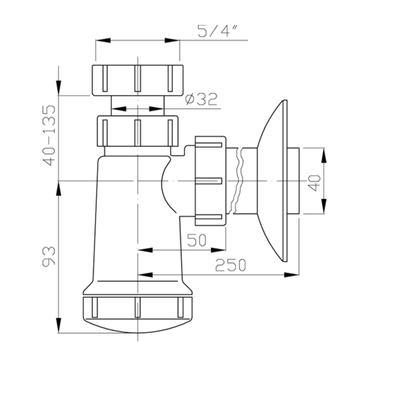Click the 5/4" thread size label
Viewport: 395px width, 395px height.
pyautogui.click(x=217, y=31)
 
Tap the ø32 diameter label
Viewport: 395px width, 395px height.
pyautogui.click(x=201, y=99)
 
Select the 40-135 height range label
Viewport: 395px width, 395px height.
pyautogui.click(x=49, y=135)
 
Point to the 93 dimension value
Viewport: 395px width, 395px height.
pyautogui.click(x=48, y=256)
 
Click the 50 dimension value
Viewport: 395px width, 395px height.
pyautogui.click(x=197, y=240)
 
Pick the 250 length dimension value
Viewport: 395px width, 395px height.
pyautogui.click(x=230, y=265)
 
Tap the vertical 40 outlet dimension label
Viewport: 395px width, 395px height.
pyautogui.click(x=314, y=183)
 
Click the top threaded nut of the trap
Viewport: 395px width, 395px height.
pyautogui.click(x=137, y=81)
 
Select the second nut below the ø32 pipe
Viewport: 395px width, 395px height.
pyautogui.click(x=138, y=131)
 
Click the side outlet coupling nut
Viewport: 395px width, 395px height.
pyautogui.click(x=210, y=181)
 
